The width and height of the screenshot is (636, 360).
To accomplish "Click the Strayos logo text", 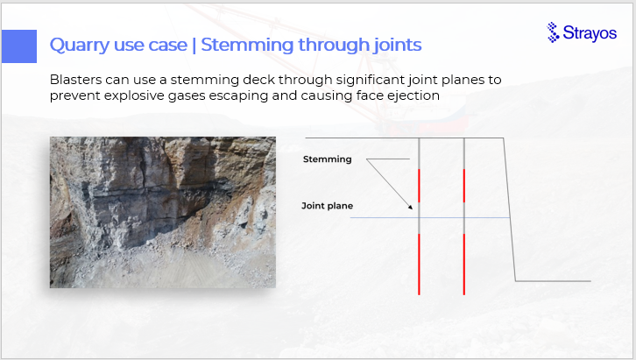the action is [x=590, y=33].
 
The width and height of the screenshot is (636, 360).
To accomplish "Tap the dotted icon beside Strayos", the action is [x=553, y=32].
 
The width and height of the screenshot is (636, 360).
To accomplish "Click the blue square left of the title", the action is [x=19, y=46].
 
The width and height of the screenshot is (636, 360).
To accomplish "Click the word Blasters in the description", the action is [x=76, y=80].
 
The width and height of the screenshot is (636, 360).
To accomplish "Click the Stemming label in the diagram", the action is [x=328, y=159].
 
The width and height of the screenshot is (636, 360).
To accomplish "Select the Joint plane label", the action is [x=328, y=206].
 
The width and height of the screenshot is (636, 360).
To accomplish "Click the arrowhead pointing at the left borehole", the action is [x=411, y=208].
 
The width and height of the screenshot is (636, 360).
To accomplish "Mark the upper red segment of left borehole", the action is [x=419, y=186].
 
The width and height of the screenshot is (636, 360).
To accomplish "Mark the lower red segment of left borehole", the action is [x=419, y=265].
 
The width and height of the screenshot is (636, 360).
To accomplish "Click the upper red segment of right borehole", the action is [x=464, y=186].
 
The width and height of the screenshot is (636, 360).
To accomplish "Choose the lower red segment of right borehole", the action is [x=464, y=265].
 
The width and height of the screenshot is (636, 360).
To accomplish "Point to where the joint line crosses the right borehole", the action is [x=464, y=218].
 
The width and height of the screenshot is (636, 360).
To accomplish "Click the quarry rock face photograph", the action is [x=163, y=213].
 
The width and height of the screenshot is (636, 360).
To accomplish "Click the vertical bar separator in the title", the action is [x=194, y=45].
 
